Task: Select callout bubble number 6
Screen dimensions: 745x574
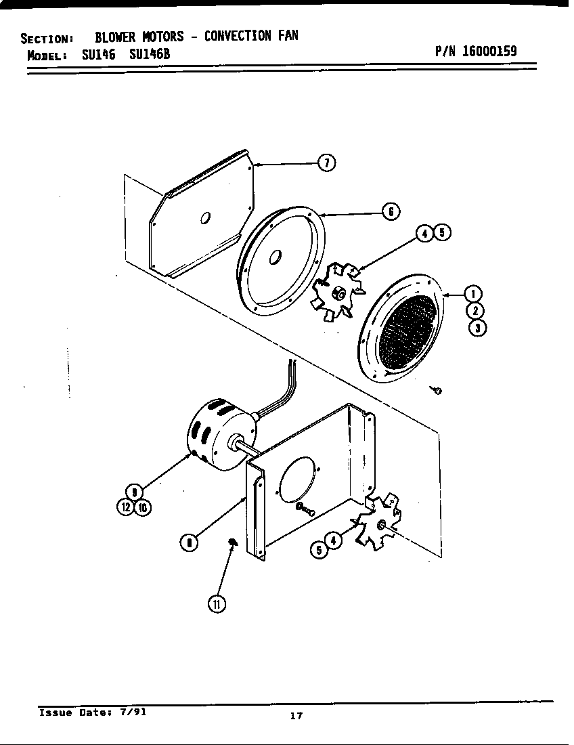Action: tap(391, 211)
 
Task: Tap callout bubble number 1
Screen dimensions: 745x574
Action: tap(475, 294)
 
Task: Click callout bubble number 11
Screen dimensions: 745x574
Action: tap(216, 604)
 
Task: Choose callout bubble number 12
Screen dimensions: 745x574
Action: tap(126, 508)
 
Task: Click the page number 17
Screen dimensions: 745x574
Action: tap(296, 717)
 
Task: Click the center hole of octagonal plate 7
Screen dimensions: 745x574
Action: tap(206, 217)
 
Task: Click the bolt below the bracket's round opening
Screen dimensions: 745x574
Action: tap(305, 509)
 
